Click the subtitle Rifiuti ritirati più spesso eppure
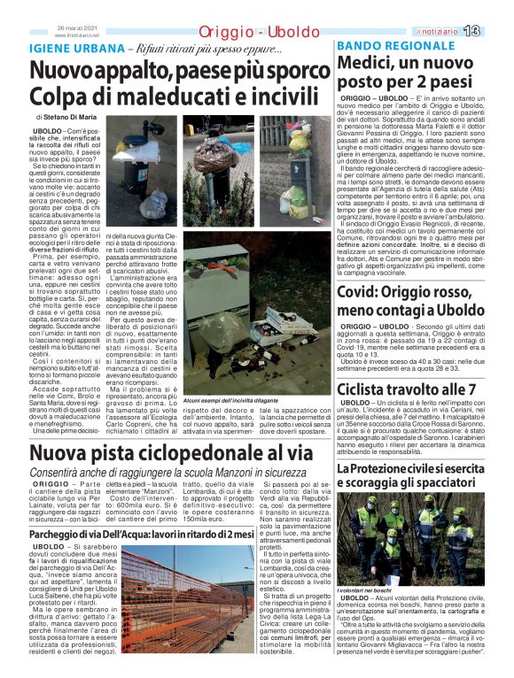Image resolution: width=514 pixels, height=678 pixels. [206, 48]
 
